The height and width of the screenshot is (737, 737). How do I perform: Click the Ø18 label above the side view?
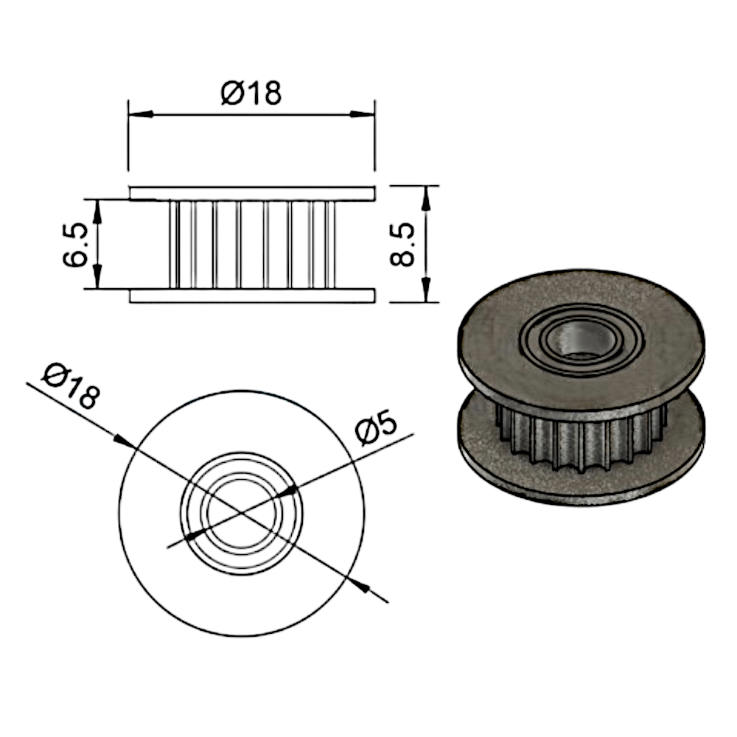pos(251,93)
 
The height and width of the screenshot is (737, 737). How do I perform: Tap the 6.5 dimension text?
pos(75,245)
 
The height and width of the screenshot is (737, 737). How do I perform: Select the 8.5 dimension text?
pos(403,245)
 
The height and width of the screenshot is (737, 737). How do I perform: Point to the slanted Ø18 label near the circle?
pos(71,386)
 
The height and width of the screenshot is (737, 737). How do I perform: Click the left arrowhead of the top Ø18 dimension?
pos(141,114)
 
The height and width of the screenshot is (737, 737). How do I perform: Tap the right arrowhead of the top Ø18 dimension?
pos(363,114)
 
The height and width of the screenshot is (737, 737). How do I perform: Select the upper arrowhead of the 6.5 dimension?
pos(97,212)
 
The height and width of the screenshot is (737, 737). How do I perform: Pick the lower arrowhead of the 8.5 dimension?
pos(426,290)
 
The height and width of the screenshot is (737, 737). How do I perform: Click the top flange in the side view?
pos(252,193)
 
